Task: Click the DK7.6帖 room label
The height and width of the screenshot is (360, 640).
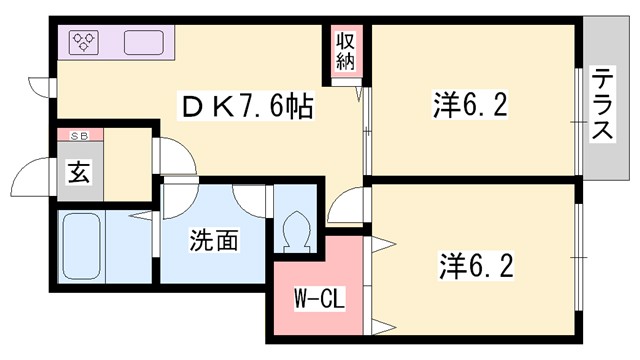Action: coord(246,104)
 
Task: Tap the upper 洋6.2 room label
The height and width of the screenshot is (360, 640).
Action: coord(461,103)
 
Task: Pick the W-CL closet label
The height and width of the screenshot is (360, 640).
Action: coord(319,298)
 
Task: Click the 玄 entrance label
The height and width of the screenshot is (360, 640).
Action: coord(79,172)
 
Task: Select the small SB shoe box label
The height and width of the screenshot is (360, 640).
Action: coord(79,135)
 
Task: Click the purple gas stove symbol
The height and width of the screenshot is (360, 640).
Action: coord(84,42)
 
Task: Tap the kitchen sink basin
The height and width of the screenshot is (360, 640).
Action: coord(147,43)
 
